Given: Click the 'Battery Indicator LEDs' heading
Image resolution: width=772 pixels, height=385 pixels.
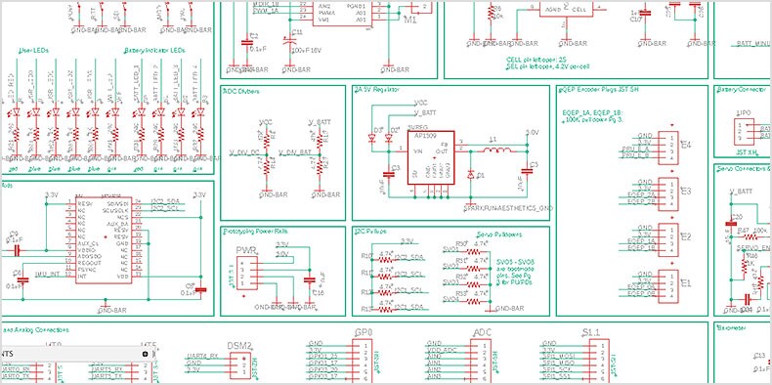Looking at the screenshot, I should point(157,51).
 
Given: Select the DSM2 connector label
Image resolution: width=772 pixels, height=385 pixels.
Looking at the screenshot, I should point(239,346).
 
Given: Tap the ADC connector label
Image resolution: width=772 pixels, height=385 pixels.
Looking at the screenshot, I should point(482,333).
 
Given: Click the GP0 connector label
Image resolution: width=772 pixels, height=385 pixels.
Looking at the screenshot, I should point(364,333).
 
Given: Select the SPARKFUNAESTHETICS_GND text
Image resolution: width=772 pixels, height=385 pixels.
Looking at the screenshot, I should point(507,207).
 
